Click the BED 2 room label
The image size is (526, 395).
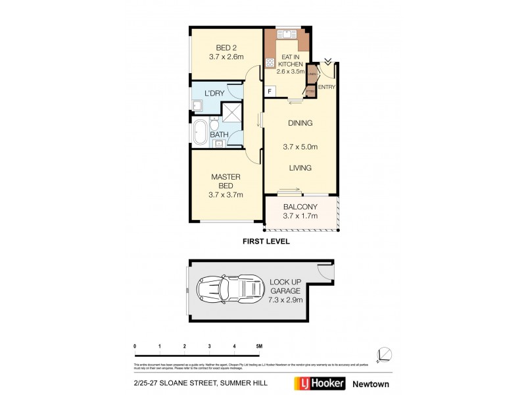226,47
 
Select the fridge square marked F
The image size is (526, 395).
270,91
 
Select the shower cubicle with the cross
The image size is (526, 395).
231,112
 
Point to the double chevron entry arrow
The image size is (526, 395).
327,61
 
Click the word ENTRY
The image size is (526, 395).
327,87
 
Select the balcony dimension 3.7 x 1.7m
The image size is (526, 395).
300,216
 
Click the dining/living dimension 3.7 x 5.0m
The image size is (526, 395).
300,146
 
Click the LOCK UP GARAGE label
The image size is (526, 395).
285,286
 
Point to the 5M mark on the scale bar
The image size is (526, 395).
258,346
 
